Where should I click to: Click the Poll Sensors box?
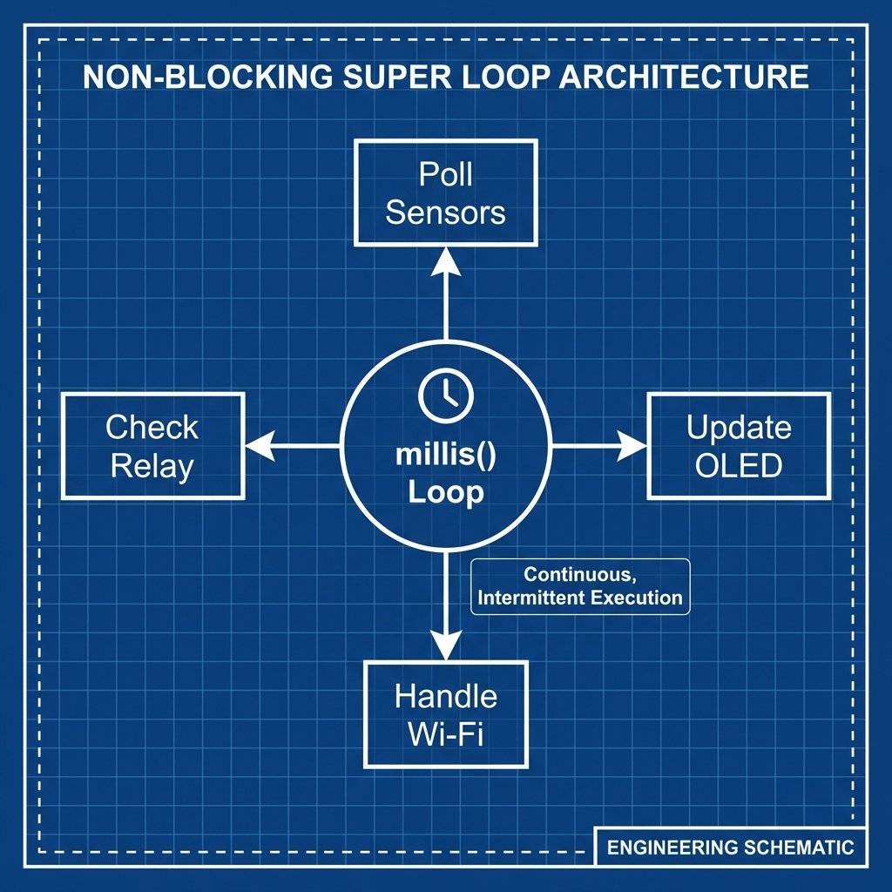tap(445, 193)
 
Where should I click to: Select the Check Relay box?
tap(152, 445)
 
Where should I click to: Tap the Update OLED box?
tap(739, 445)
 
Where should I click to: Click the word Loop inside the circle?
tap(446, 493)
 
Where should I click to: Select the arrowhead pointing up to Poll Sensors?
tap(445, 259)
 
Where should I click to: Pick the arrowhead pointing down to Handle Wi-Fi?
tap(445, 647)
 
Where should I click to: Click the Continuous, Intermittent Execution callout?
tap(579, 586)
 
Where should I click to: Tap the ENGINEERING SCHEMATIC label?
tap(731, 847)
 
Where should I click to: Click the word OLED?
tap(739, 465)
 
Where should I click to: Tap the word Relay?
tap(152, 466)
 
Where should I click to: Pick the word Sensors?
tap(445, 213)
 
